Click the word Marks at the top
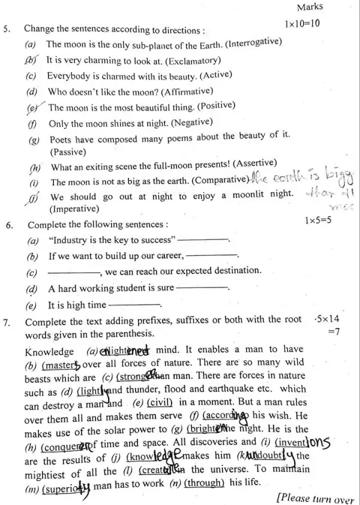(x=310, y=7)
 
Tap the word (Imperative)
(x=76, y=209)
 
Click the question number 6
(x=9, y=226)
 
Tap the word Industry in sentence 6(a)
(x=69, y=241)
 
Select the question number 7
(x=7, y=321)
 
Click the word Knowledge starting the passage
(x=50, y=351)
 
